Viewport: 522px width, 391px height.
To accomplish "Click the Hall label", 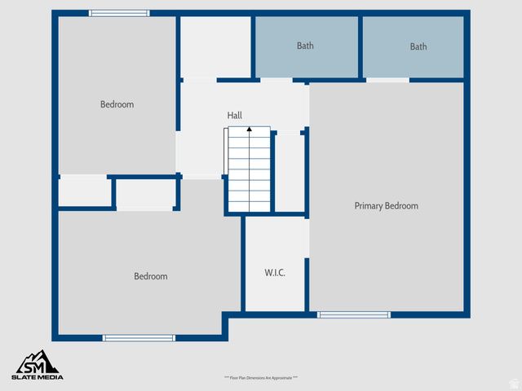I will click(235, 116).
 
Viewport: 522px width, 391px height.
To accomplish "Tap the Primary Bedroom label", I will click(386, 206).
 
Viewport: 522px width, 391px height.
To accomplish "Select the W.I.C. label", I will click(275, 272).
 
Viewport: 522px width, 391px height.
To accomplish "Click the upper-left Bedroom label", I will click(117, 104).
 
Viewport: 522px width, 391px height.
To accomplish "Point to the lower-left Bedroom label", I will click(150, 276).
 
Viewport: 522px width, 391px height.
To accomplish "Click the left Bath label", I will click(305, 46).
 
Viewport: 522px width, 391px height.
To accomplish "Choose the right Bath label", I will click(418, 46).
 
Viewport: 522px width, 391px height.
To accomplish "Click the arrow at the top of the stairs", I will click(249, 130).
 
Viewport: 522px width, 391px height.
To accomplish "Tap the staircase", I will click(249, 171).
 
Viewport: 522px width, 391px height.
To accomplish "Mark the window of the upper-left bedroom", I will click(119, 13).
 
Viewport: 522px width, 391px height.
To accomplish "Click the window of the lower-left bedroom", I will click(139, 337).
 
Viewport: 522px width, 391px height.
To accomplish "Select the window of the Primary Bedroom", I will click(354, 314).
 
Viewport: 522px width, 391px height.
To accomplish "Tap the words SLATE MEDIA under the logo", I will click(38, 376).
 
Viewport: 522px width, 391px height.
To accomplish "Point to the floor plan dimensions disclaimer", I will click(261, 378).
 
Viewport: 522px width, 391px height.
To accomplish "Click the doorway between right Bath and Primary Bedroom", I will click(387, 80).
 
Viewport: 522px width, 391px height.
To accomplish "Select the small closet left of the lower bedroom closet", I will click(85, 192).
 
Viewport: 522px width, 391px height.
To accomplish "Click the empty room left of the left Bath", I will click(215, 46).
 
